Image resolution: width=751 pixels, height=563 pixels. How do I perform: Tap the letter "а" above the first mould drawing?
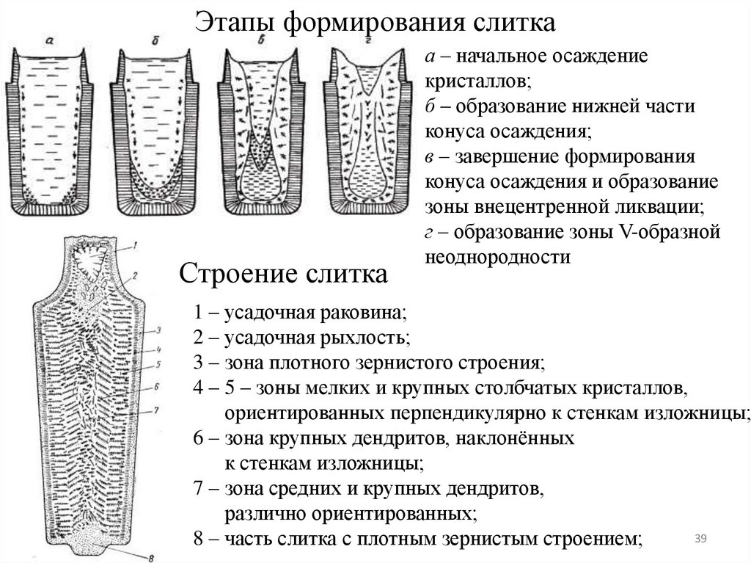click(48, 42)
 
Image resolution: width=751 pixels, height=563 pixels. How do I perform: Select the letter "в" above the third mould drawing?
click(261, 43)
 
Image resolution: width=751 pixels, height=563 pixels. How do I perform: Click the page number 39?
click(700, 540)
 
